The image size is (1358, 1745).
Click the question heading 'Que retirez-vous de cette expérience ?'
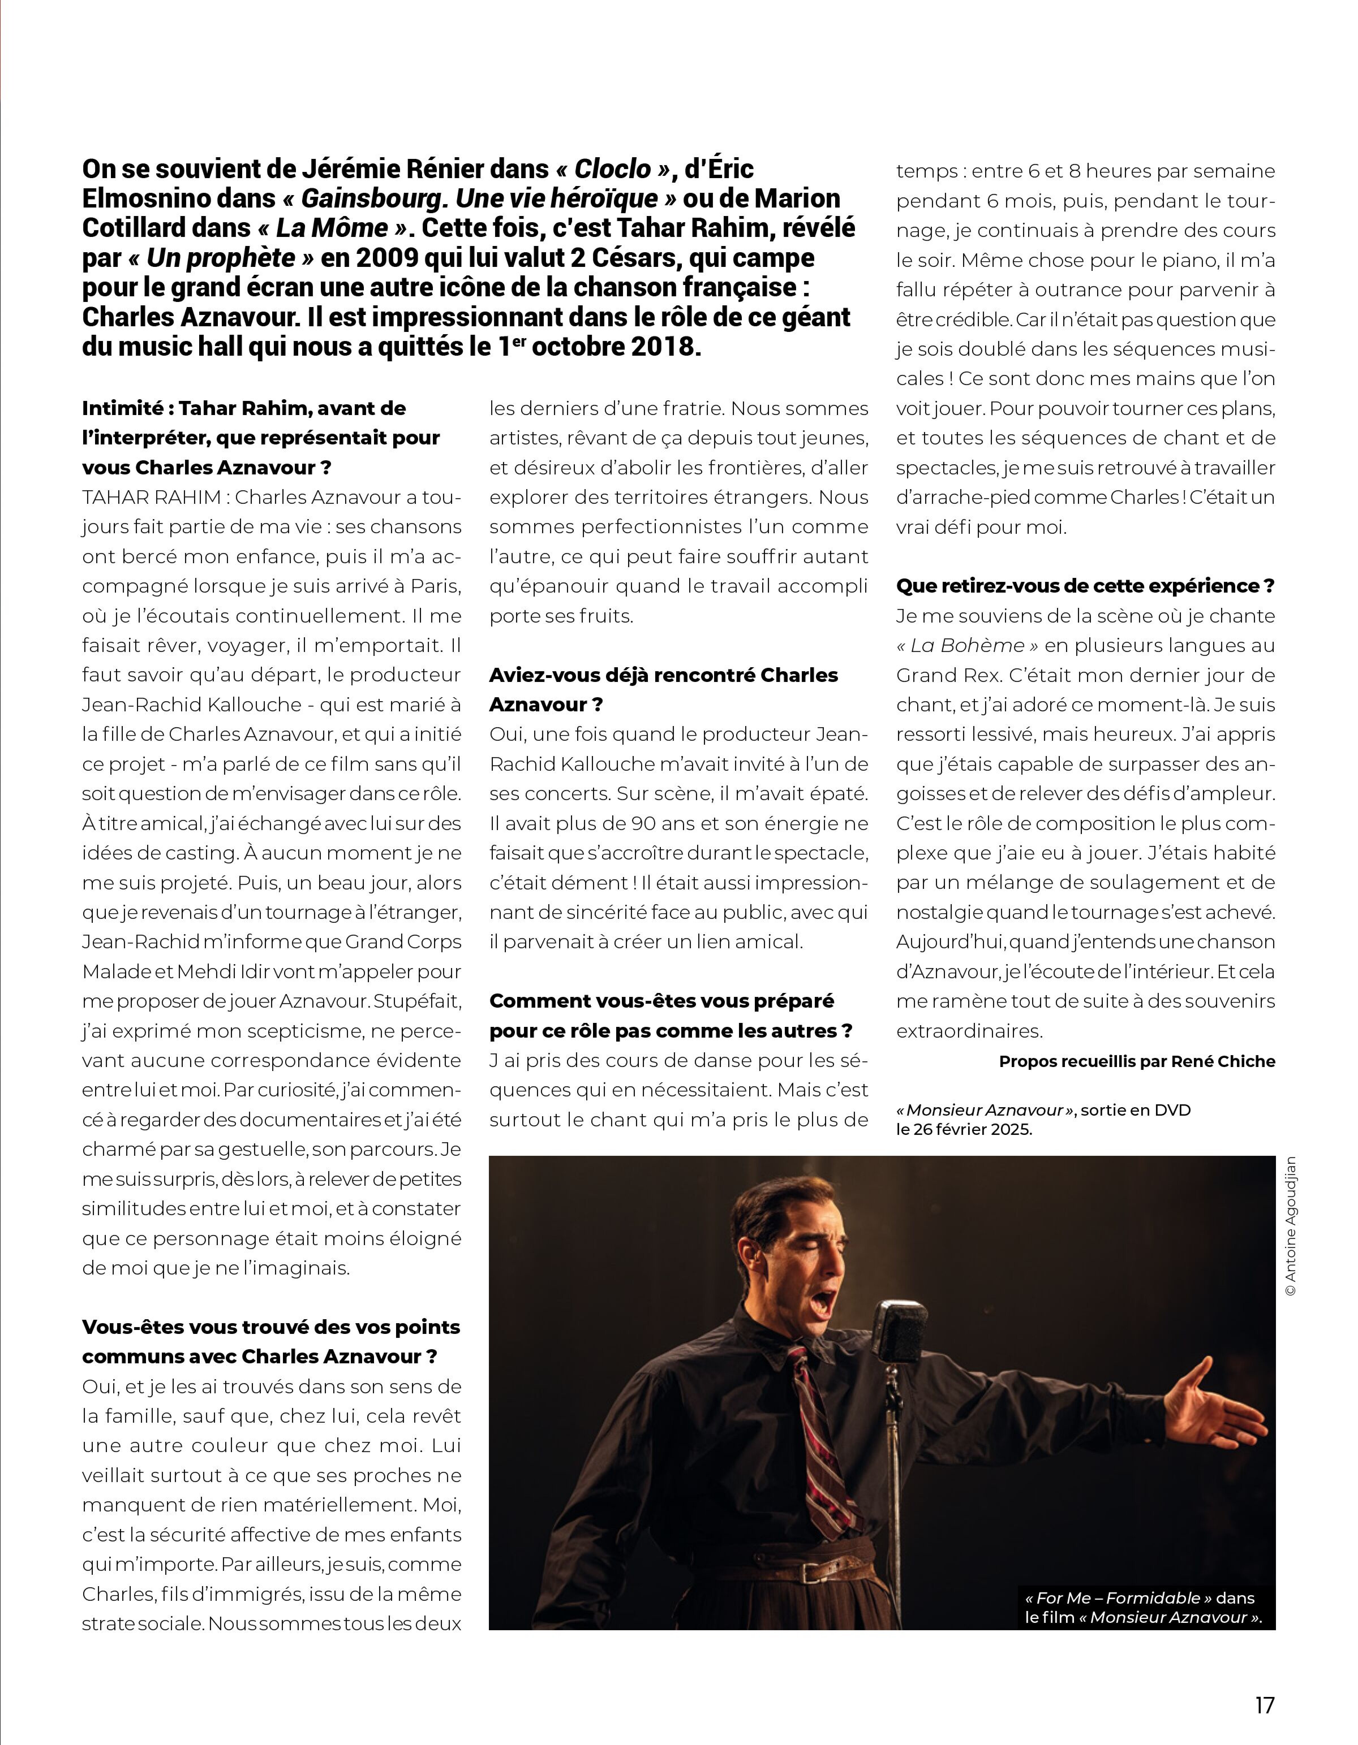pyautogui.click(x=1085, y=586)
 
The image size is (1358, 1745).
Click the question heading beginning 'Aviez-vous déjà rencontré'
pyautogui.click(x=663, y=675)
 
